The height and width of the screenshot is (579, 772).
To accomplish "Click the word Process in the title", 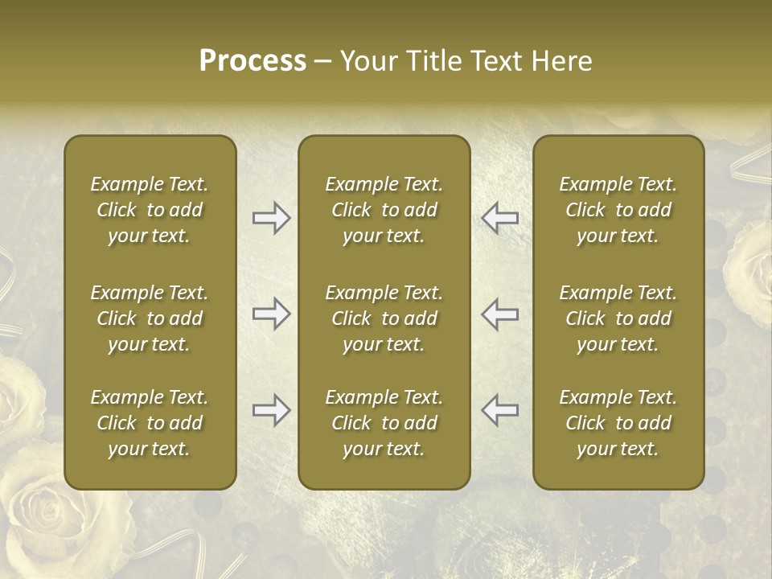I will coord(253,61).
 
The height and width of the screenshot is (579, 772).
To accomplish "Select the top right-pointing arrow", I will coord(271,218).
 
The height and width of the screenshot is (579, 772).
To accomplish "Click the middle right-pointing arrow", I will coord(271,314).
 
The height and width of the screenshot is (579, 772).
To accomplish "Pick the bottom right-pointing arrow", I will coord(271,410).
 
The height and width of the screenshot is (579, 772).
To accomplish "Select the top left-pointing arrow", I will coord(500,218).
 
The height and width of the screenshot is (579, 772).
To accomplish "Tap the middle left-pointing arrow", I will coord(500,314).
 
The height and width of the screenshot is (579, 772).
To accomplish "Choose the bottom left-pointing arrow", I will coord(500,410).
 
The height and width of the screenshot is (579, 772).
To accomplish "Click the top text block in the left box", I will coord(150,210).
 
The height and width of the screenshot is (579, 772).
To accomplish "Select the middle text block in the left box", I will coord(150,318).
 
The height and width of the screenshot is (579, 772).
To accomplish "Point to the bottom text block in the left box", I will coord(150,423).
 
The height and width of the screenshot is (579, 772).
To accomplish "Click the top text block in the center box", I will coord(384,210).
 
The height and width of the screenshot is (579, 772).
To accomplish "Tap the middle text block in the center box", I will coord(384,318).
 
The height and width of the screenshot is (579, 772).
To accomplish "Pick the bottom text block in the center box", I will coord(384,423).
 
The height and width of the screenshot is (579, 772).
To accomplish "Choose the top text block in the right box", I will coord(618,210).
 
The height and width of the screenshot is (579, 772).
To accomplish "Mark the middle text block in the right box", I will coord(618,318).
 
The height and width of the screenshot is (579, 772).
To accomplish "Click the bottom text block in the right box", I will coord(618,423).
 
